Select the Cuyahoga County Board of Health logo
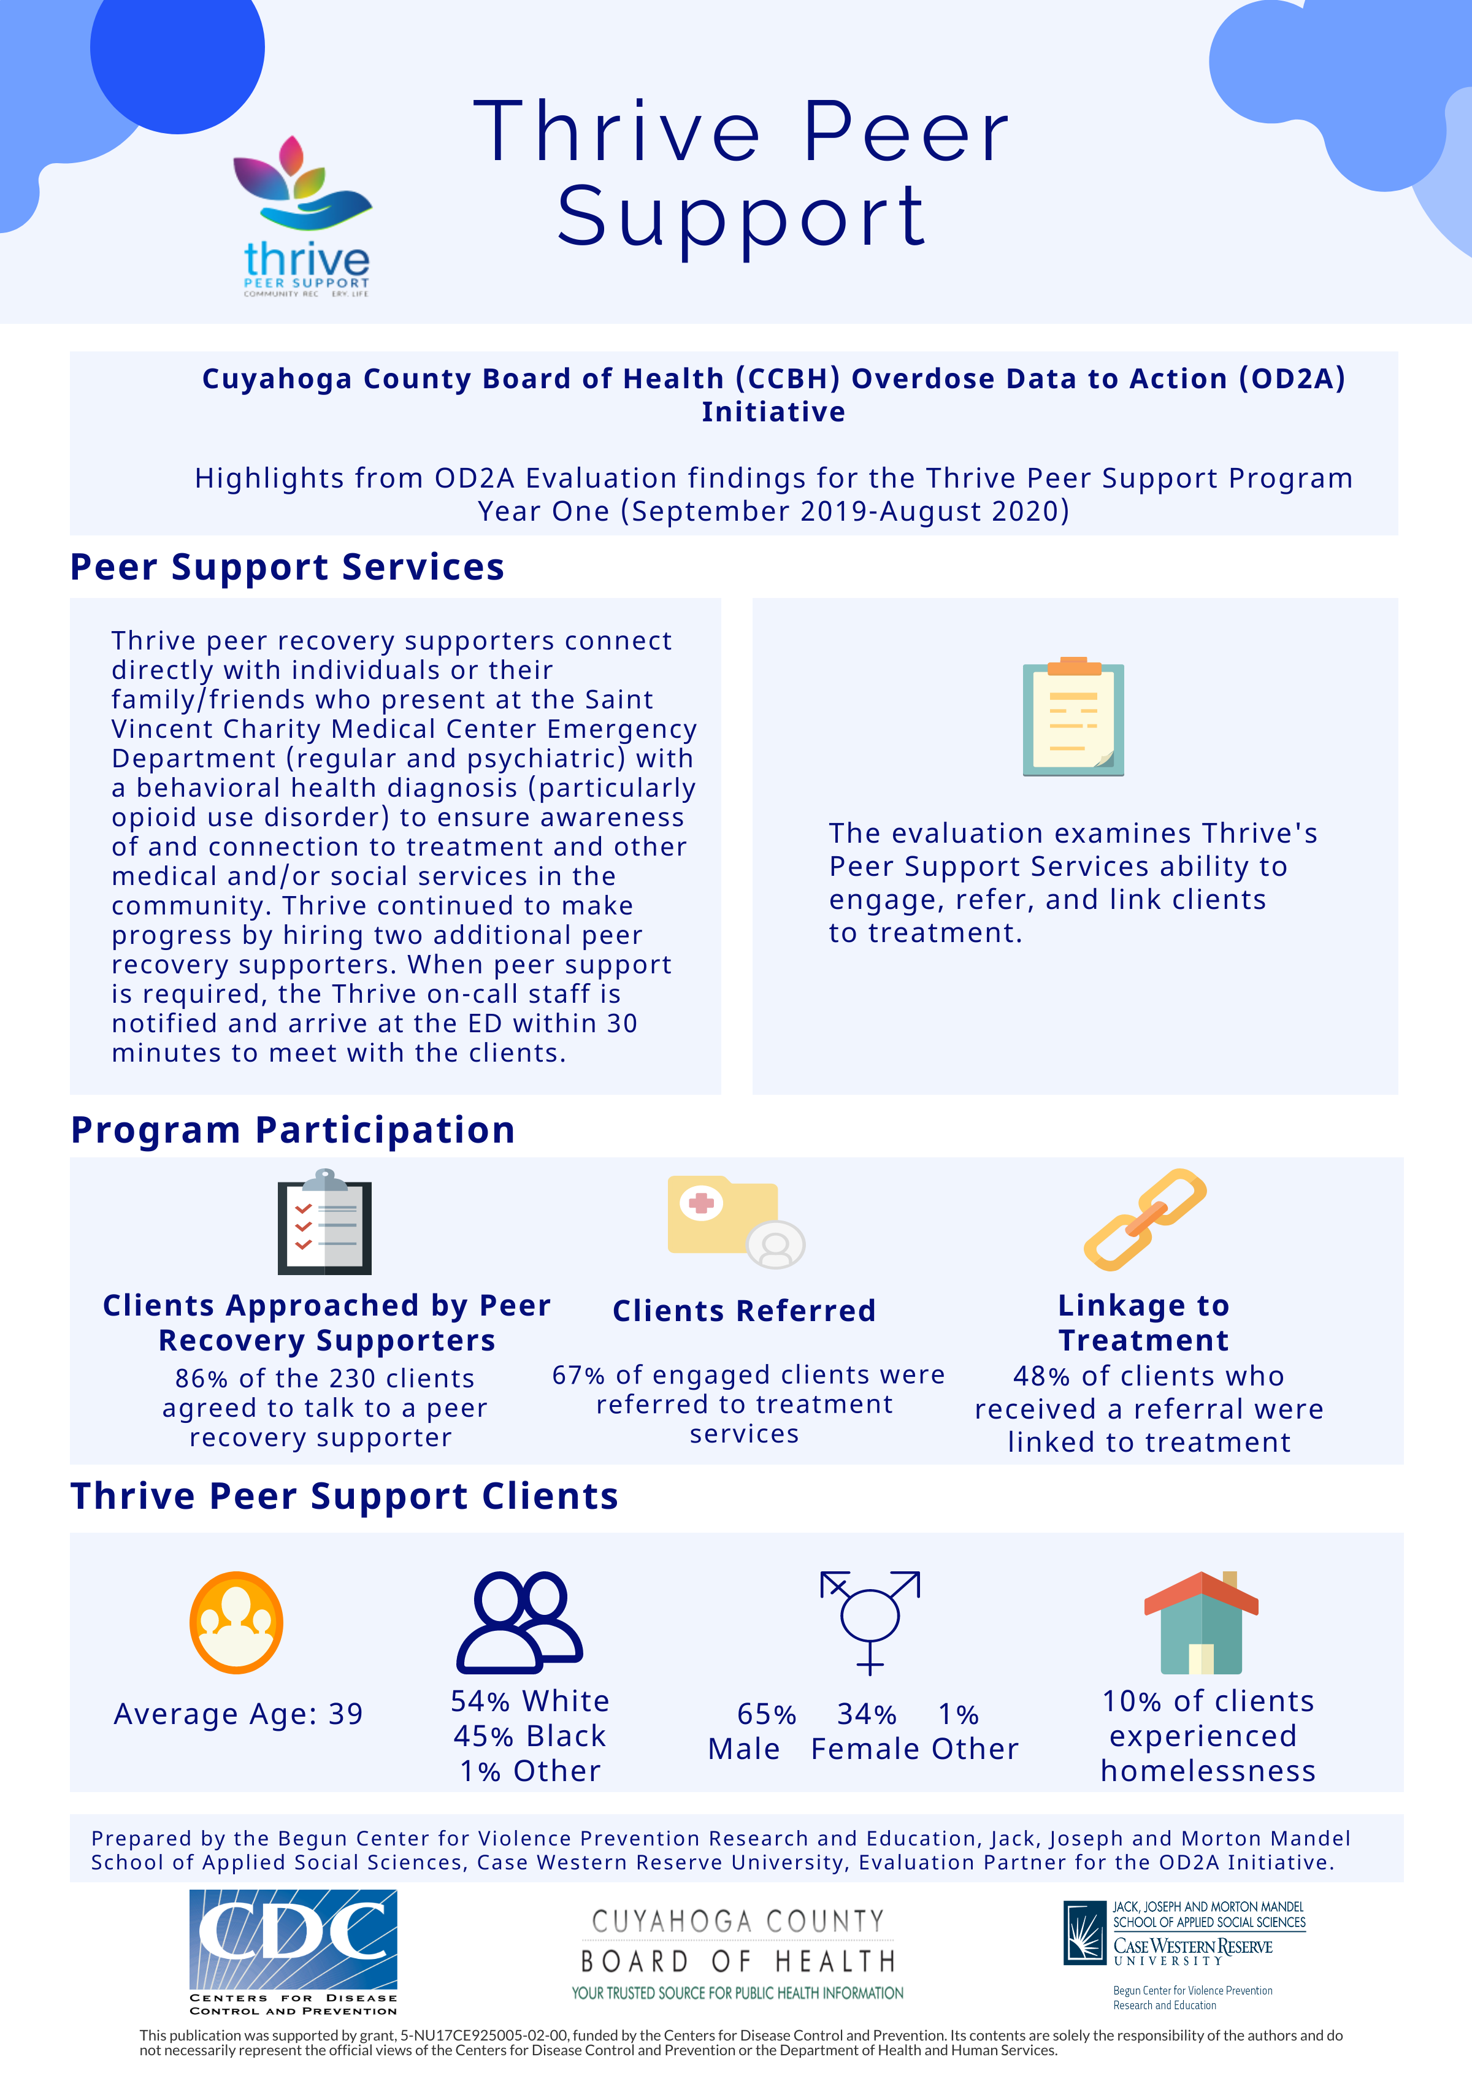[x=737, y=1954]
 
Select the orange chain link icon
[x=1145, y=1219]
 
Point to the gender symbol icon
[x=870, y=1622]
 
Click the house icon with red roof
[x=1201, y=1623]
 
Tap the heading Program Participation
[x=293, y=1130]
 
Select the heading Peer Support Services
[x=287, y=567]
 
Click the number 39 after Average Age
[x=345, y=1714]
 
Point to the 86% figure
[x=201, y=1379]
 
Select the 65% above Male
[x=766, y=1715]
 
